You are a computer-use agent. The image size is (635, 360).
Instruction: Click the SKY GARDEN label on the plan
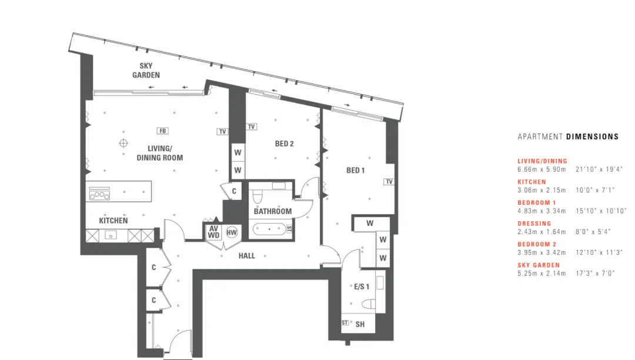[146, 71]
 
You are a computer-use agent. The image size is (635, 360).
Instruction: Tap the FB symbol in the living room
[162, 131]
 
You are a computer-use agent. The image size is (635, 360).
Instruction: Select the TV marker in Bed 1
[389, 181]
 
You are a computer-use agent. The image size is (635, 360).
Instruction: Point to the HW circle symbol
[232, 232]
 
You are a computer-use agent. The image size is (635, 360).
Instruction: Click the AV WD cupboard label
[213, 232]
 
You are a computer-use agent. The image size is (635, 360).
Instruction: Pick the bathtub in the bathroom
[269, 229]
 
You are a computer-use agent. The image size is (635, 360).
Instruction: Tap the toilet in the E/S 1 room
[368, 304]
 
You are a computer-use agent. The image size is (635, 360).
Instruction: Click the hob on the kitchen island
[99, 194]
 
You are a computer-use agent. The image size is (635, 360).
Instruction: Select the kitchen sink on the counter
[111, 235]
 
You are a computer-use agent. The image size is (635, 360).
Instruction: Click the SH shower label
[360, 324]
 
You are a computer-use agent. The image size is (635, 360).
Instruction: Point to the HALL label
[246, 256]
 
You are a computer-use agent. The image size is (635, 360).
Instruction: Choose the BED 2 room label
[285, 144]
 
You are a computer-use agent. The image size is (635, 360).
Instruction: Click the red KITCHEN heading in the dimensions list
[532, 182]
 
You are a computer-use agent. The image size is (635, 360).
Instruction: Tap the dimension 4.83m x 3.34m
[542, 211]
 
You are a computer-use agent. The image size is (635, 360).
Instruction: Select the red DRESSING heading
[534, 224]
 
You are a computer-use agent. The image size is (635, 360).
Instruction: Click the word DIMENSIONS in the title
[592, 137]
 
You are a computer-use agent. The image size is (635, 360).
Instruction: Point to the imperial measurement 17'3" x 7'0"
[595, 274]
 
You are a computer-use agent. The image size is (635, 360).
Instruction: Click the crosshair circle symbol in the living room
[123, 143]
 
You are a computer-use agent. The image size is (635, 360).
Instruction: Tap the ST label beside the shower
[345, 323]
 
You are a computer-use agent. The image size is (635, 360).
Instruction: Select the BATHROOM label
[273, 211]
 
